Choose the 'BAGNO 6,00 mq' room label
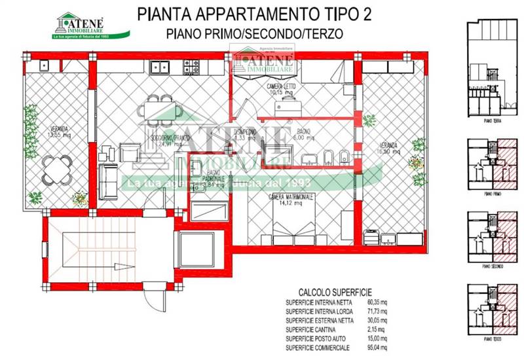coord(303,134)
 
